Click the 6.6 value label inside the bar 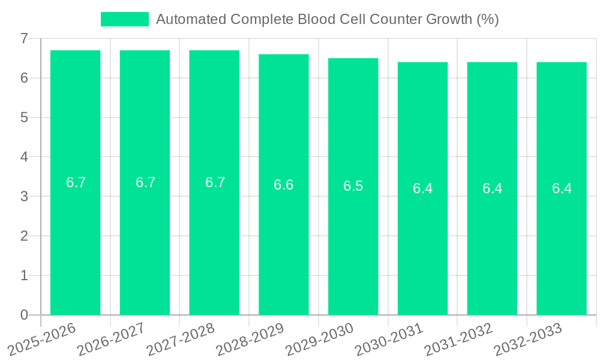tap(284, 185)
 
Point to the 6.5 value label tap(353, 186)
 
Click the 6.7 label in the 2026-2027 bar tap(145, 182)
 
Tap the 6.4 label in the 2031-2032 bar tap(492, 188)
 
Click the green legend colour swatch tap(124, 19)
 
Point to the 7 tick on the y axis tap(24, 38)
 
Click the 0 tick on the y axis tap(24, 315)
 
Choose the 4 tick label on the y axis tap(24, 157)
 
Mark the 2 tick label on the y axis tap(24, 236)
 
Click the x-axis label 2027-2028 tap(181, 340)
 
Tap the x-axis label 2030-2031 tap(389, 340)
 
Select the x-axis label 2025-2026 tap(41, 340)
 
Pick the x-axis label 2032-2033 tap(528, 340)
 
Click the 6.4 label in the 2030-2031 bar tap(422, 188)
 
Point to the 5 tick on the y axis tap(24, 118)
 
